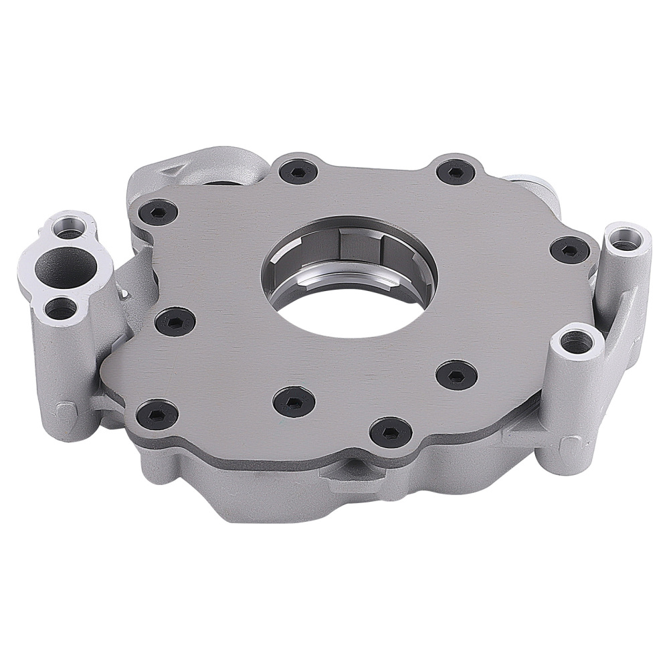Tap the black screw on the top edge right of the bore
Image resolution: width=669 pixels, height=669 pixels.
click(x=456, y=172)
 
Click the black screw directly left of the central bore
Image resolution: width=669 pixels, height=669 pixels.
click(x=175, y=322)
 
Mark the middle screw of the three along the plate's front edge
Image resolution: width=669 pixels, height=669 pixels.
click(x=293, y=401)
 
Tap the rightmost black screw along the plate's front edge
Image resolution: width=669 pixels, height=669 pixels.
click(x=389, y=432)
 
